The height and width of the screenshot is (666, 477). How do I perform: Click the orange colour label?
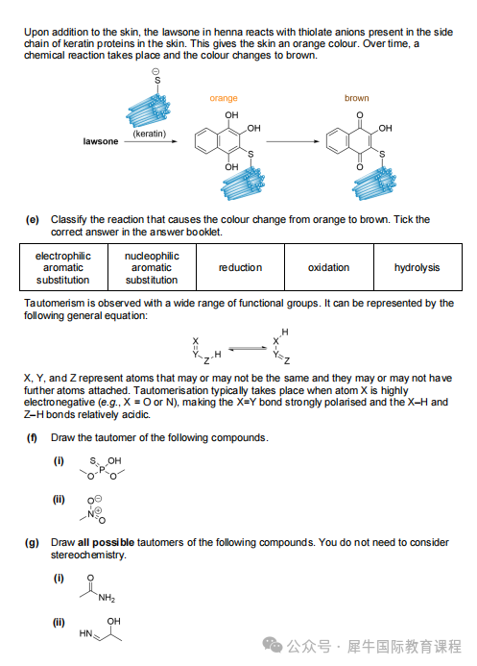[224, 98]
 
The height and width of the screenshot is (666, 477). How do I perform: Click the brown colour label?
[357, 98]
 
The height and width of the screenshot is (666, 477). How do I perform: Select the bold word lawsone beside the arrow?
[101, 141]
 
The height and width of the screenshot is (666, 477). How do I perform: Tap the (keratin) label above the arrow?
[150, 134]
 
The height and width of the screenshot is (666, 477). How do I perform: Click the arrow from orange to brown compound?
[293, 141]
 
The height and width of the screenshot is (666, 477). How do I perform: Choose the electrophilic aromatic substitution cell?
[63, 267]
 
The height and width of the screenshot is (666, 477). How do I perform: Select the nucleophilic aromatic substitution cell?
[152, 267]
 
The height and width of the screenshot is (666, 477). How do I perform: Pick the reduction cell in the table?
[240, 267]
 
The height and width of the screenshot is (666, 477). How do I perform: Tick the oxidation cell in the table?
[329, 267]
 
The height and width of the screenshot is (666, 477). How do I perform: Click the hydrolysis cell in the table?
[417, 267]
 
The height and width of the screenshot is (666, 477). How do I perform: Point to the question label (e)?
[33, 219]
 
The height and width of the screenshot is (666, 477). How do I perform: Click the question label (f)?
[32, 438]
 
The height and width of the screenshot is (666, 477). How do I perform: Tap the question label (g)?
[32, 542]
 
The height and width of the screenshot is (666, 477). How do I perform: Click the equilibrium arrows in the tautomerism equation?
[248, 349]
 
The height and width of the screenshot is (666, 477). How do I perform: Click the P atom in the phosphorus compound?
[102, 470]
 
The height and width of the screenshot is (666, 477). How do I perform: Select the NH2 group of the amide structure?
[107, 598]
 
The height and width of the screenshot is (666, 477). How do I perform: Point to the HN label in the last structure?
[85, 633]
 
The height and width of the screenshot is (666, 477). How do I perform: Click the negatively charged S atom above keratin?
[157, 81]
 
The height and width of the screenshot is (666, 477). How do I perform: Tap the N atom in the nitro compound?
[91, 514]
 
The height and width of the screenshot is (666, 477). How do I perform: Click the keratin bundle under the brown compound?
[374, 184]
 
